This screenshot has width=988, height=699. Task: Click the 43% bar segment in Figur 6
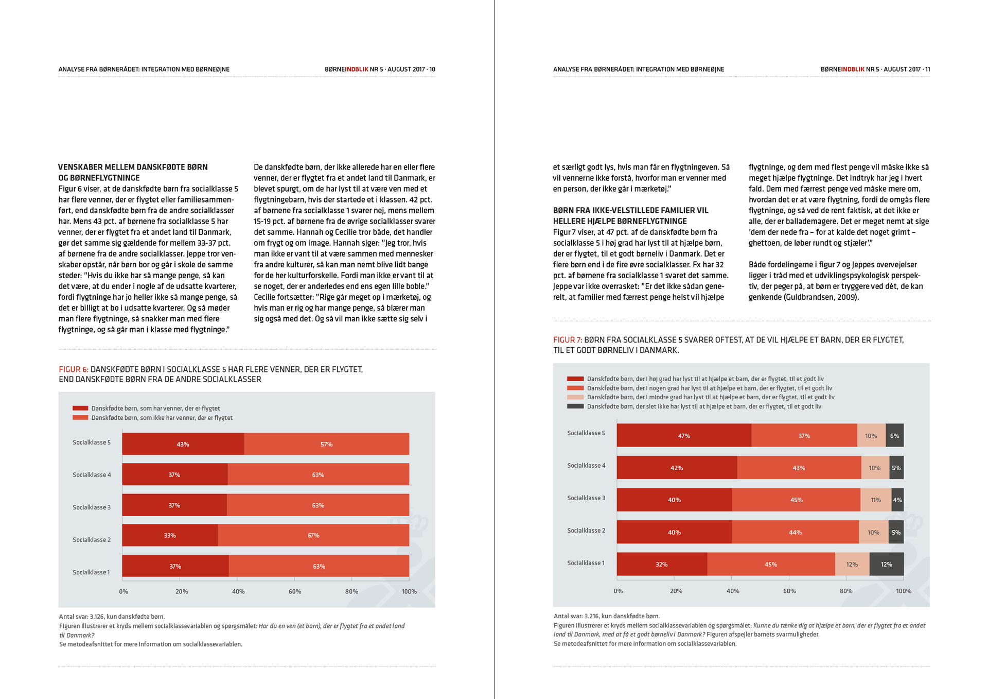click(183, 444)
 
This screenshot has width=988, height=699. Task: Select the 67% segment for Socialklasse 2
click(313, 536)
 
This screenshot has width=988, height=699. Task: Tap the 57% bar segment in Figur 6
click(326, 444)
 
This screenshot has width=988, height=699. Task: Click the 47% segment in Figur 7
click(683, 436)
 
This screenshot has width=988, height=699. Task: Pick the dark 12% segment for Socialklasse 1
click(886, 565)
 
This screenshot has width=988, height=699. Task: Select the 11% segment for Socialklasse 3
click(875, 500)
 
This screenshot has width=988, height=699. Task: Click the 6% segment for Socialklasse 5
click(894, 436)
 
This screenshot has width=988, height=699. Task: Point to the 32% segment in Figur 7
click(661, 565)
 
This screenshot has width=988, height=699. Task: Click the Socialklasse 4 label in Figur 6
click(92, 475)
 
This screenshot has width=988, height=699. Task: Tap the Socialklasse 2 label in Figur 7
click(586, 531)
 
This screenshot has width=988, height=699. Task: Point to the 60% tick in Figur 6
click(295, 592)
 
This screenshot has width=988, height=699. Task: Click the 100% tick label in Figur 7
click(903, 591)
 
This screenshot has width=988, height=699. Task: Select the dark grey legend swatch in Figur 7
click(575, 406)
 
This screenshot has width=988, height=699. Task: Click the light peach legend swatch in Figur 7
click(575, 397)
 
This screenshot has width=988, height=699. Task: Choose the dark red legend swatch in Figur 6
click(80, 408)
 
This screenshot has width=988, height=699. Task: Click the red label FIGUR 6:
click(74, 369)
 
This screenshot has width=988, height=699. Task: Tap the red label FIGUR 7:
click(568, 340)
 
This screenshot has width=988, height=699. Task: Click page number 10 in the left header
click(432, 69)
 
